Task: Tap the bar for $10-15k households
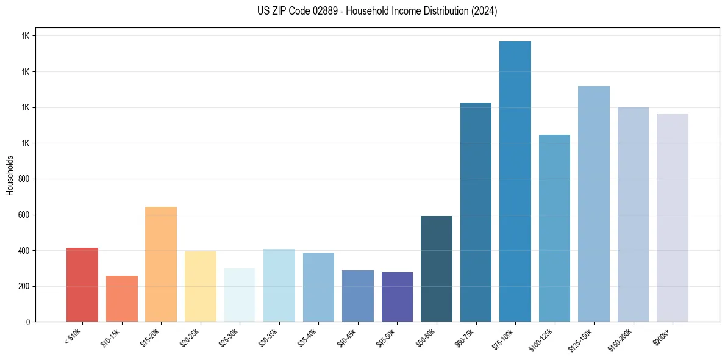(121, 298)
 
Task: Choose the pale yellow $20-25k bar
(200, 286)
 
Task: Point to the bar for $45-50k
(397, 297)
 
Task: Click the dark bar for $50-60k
(437, 268)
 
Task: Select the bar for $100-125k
(554, 228)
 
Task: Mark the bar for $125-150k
(594, 204)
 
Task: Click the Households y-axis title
(10, 175)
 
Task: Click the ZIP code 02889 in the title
(323, 12)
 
